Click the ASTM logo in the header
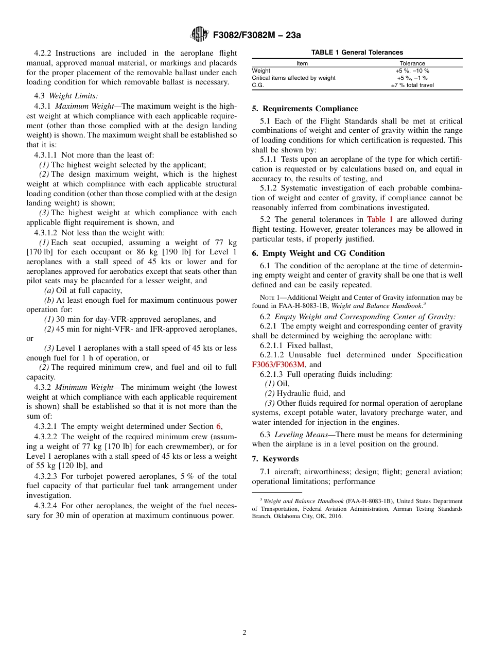(x=199, y=35)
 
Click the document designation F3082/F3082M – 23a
(x=254, y=35)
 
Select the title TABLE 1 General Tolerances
(x=357, y=53)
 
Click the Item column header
(x=302, y=63)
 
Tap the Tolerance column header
(x=412, y=63)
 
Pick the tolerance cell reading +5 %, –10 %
(x=412, y=71)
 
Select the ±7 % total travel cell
(x=412, y=85)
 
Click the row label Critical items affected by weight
(x=293, y=78)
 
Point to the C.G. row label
(x=258, y=85)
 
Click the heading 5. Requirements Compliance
(x=305, y=109)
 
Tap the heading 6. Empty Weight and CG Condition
(x=318, y=253)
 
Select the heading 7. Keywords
(x=275, y=459)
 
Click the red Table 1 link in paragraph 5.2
(x=380, y=219)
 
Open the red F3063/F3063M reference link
(x=278, y=365)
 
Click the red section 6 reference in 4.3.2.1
(x=218, y=426)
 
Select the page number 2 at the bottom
(x=244, y=633)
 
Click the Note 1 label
(x=269, y=298)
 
